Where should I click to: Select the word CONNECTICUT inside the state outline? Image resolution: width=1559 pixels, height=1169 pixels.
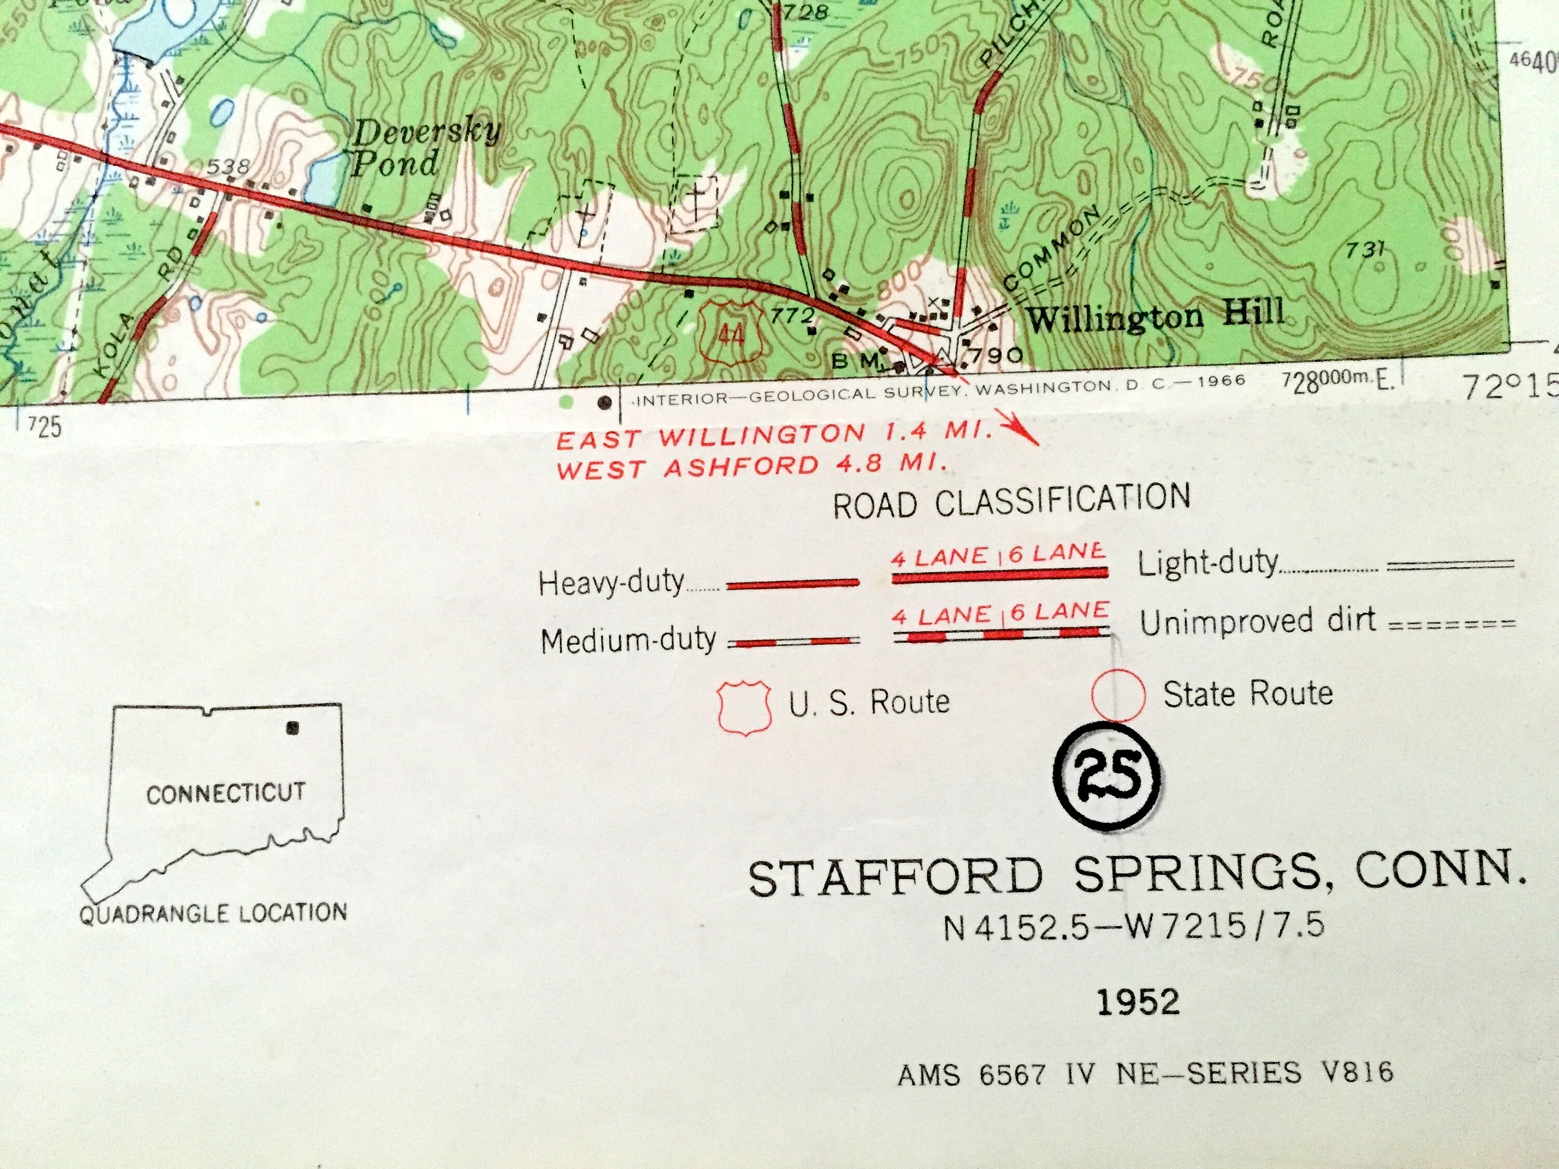tap(226, 793)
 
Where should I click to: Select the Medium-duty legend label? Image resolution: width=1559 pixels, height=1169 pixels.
tap(628, 640)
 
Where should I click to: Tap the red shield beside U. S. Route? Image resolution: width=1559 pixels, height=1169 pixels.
tap(742, 707)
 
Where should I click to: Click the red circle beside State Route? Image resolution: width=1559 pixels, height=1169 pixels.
tap(1117, 695)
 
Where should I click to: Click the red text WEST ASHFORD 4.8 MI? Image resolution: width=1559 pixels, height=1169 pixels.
tap(750, 467)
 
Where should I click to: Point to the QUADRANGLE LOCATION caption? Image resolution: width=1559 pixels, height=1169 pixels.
tap(213, 914)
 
